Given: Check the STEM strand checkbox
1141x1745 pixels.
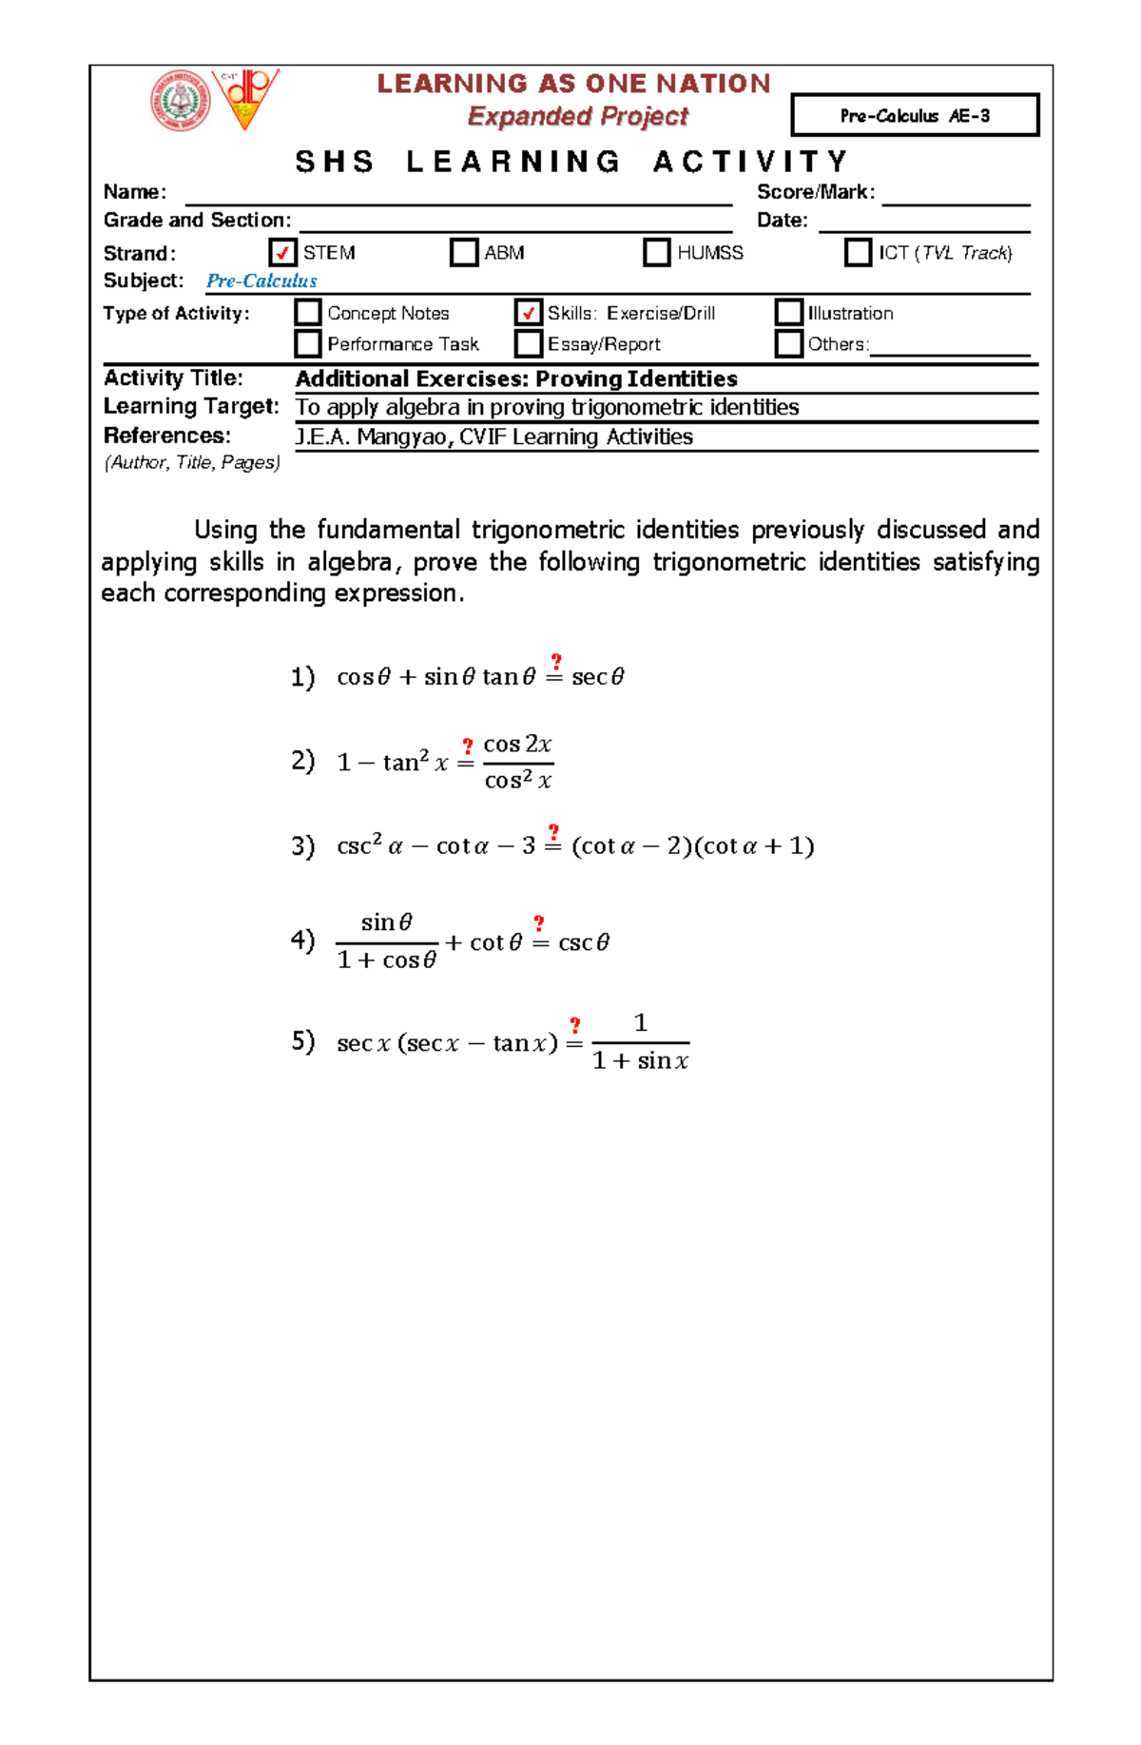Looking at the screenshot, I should [x=282, y=252].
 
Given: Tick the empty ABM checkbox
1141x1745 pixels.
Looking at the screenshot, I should [x=464, y=252].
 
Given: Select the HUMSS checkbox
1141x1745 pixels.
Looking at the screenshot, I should [x=657, y=252].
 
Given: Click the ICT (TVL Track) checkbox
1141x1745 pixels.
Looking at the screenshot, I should [x=858, y=252].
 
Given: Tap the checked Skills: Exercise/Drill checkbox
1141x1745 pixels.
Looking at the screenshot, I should [x=529, y=312].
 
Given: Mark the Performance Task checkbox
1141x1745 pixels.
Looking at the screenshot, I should [x=308, y=343].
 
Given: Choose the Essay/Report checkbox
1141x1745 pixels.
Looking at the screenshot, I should [x=529, y=343].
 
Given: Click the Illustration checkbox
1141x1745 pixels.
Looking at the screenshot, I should [x=789, y=312].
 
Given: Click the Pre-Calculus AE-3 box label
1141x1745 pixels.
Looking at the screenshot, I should [x=915, y=115].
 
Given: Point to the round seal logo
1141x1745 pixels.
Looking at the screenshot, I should [x=181, y=101].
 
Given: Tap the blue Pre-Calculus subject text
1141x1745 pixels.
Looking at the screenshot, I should [x=261, y=281].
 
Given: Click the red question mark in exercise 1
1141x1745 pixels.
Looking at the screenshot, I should [x=556, y=661].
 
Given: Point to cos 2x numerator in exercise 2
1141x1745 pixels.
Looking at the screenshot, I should [x=517, y=744].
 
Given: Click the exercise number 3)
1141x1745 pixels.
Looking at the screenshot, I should [x=302, y=845].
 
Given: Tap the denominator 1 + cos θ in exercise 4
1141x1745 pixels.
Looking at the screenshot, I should [x=387, y=960].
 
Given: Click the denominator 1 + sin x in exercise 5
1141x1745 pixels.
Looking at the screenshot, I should [x=640, y=1060].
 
